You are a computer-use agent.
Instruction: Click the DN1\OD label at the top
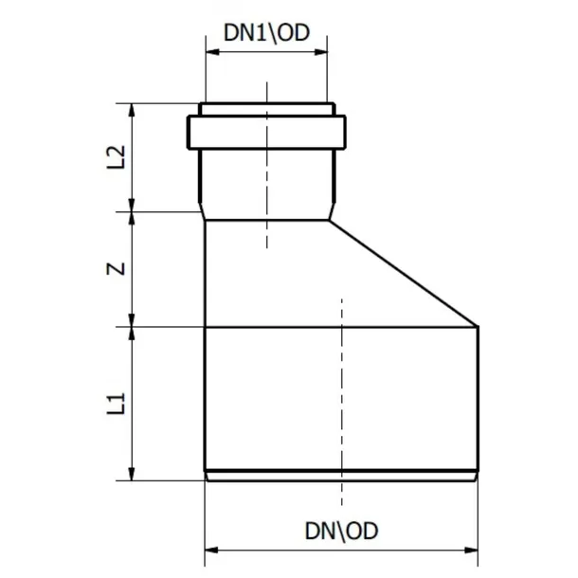point(266,33)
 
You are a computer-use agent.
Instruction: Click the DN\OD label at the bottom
point(341,532)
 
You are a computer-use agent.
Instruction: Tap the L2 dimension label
point(117,157)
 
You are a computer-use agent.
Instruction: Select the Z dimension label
point(117,269)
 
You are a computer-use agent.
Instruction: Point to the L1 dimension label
point(117,404)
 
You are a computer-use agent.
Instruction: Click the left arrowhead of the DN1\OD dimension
point(212,52)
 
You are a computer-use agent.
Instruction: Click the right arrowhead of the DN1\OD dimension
point(320,52)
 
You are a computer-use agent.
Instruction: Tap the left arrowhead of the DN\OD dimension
point(211,551)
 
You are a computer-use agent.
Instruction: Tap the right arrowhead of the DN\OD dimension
point(471,551)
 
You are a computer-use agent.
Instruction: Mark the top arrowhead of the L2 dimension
point(131,110)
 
